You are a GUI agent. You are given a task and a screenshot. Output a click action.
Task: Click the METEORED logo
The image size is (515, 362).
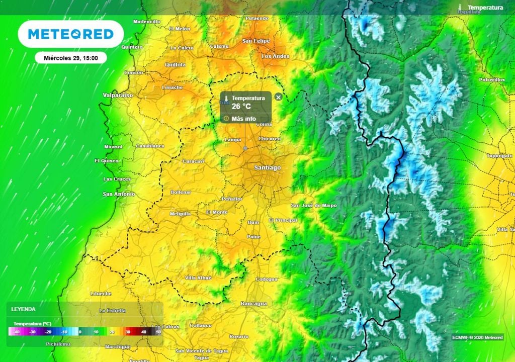[70, 34]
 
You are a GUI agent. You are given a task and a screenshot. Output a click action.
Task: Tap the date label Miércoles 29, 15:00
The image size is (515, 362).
[71, 58]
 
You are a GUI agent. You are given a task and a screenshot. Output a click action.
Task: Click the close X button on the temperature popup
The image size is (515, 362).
[279, 97]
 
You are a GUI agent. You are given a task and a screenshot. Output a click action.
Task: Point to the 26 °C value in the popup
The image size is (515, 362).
[241, 106]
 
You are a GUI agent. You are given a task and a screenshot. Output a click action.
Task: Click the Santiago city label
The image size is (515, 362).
[268, 167]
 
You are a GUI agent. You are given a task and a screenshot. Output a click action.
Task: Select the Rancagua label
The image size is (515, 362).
[254, 304]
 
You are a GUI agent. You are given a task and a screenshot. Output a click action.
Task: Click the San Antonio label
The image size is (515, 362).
[119, 194]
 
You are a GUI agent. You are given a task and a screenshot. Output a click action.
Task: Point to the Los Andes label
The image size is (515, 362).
[276, 56]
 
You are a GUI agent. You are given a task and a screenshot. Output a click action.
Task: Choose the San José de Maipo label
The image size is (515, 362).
[314, 205]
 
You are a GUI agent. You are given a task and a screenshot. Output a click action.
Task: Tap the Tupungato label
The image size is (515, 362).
[499, 156]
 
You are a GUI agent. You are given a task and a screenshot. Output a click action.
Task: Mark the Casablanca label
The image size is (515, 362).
[150, 146]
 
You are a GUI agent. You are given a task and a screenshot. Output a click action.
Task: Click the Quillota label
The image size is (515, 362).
[175, 64]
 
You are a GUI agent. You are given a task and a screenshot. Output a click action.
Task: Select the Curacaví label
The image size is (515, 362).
[193, 161]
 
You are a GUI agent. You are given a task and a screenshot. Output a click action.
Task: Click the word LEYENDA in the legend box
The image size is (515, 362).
[24, 309]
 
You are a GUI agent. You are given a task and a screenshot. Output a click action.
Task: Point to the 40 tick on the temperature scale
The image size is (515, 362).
[144, 332]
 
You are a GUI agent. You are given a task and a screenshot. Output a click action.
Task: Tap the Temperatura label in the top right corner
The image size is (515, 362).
[485, 8]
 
